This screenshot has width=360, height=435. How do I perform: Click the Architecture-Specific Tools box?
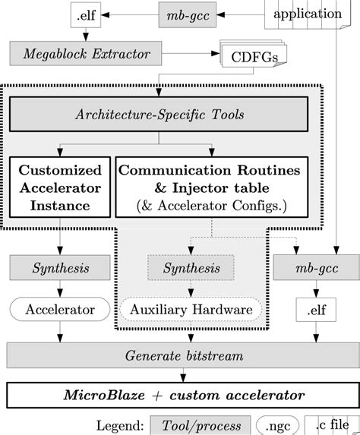pyautogui.click(x=158, y=116)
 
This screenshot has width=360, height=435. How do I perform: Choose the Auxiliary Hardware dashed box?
pyautogui.click(x=191, y=309)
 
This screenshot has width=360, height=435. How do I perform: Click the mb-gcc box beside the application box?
pyautogui.click(x=189, y=15)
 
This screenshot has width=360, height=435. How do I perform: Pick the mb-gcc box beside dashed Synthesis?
pyautogui.click(x=311, y=268)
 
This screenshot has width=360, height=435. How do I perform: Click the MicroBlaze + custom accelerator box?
pyautogui.click(x=179, y=395)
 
